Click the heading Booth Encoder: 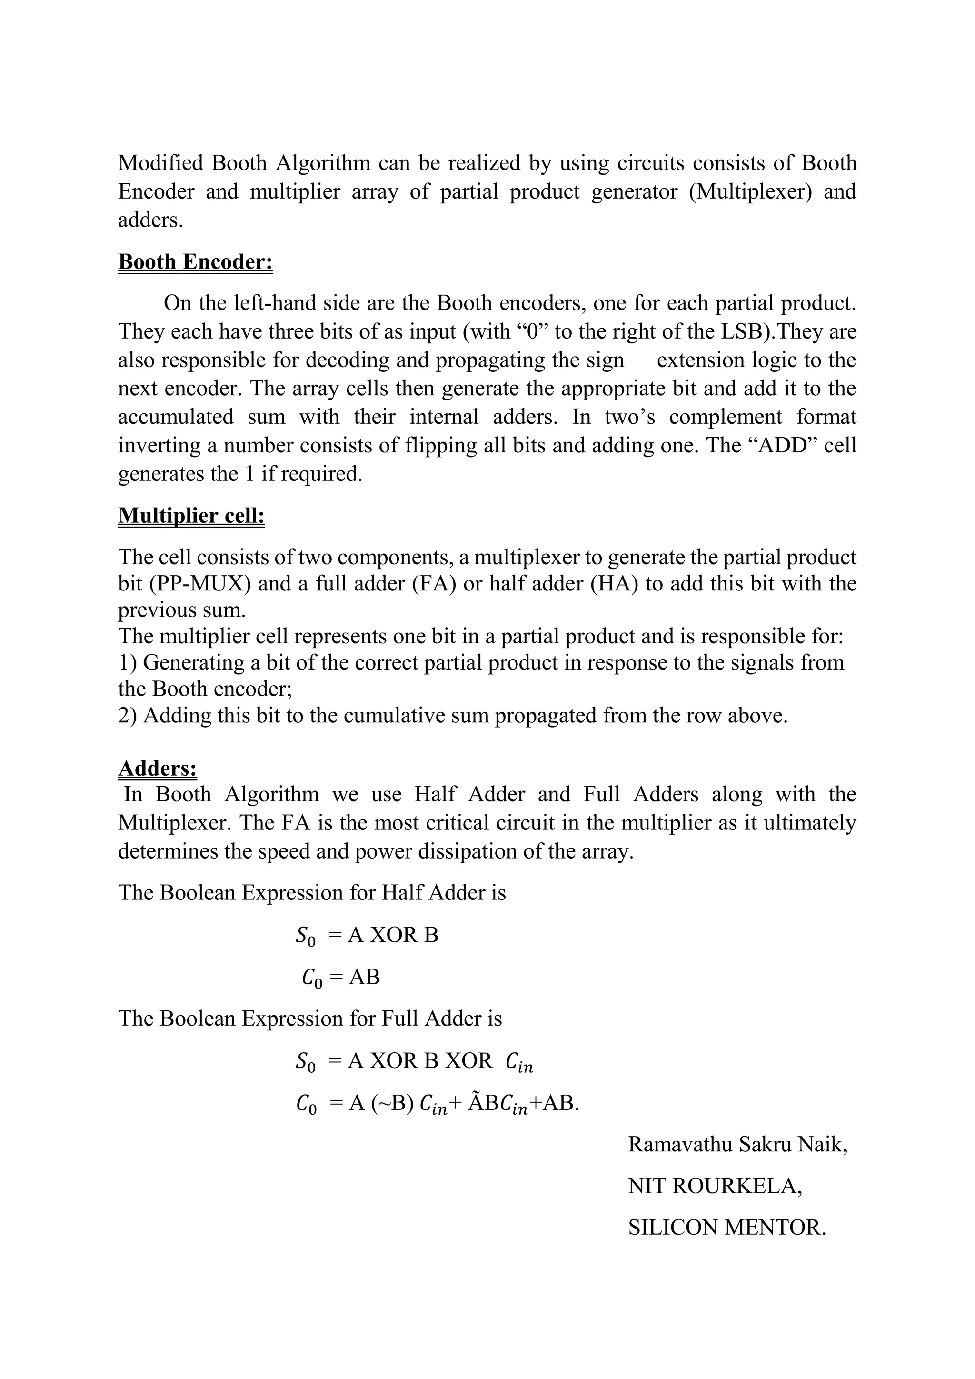tap(195, 262)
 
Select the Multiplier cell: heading tap(191, 516)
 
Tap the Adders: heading tap(157, 769)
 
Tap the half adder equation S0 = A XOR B tap(367, 935)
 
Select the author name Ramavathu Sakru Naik tap(737, 1145)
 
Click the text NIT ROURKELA tap(715, 1186)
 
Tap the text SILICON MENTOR tap(726, 1228)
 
